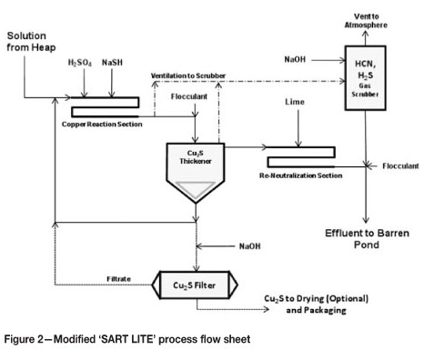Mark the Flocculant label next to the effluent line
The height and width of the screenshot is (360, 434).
400,166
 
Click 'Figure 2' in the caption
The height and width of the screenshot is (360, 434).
26,339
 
